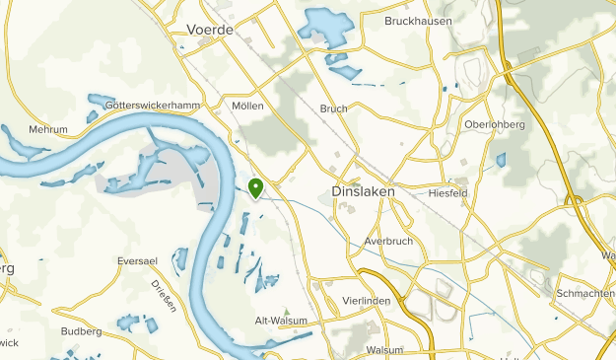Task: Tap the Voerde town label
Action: [x=209, y=31]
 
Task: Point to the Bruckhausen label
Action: [x=417, y=20]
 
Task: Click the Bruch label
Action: [x=333, y=108]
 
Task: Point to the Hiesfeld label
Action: [x=449, y=193]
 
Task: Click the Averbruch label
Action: [x=384, y=241]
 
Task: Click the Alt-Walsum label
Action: [x=282, y=321]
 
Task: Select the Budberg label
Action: [x=82, y=331]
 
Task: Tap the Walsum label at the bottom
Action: [x=384, y=350]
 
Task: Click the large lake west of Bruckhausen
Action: [x=325, y=25]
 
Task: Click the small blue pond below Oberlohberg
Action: [x=501, y=160]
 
